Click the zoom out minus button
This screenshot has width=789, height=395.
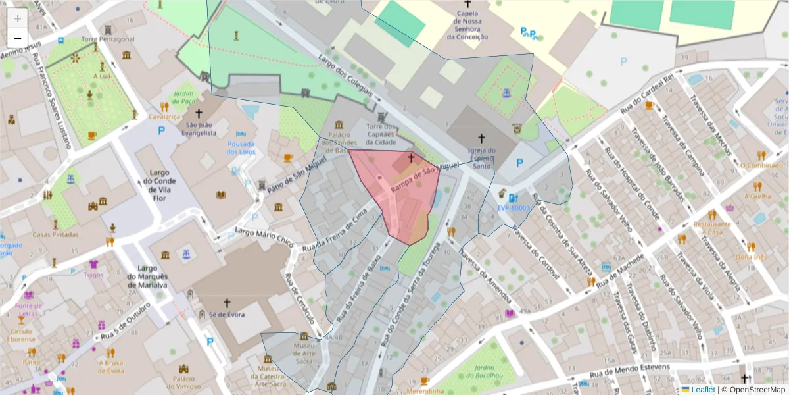(18, 38)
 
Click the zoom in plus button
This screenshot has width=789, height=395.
(18, 18)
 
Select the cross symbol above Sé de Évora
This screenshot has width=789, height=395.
(227, 303)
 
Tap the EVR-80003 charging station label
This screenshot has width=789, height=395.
(514, 207)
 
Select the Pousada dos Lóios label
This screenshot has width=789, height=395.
(241, 147)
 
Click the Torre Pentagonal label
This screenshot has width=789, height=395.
(108, 39)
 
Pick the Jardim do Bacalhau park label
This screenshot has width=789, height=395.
(475, 373)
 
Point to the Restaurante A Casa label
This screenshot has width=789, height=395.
(715, 228)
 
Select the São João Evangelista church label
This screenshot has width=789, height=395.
(201, 129)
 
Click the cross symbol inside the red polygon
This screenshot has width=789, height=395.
(412, 158)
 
